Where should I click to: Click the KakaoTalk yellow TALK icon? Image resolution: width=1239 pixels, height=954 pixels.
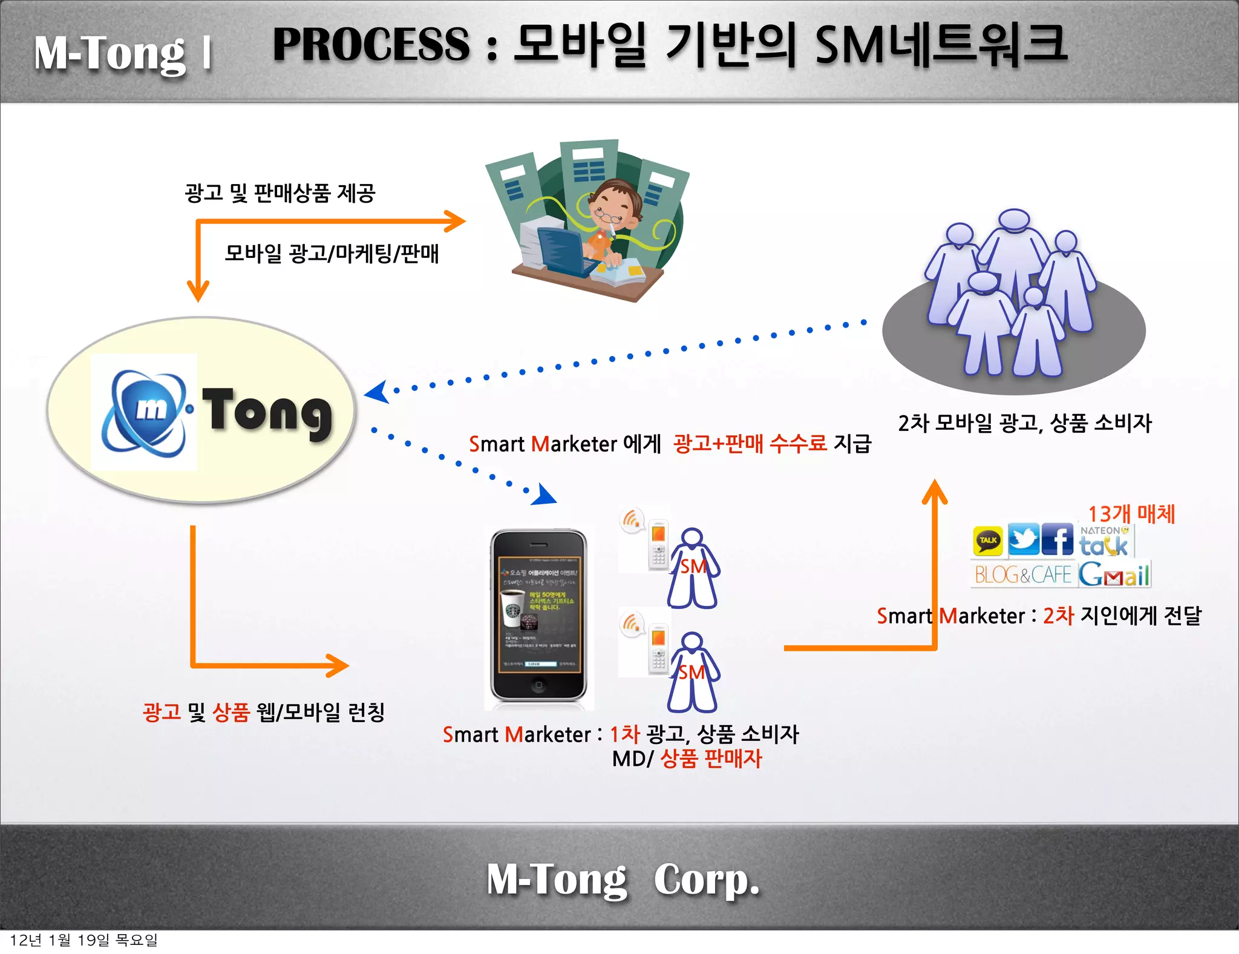pos(987,541)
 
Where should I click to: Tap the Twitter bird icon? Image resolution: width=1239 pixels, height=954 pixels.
pos(1023,539)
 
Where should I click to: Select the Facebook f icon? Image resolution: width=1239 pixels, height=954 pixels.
pos(1057,539)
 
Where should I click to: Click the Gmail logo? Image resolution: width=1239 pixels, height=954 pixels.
pos(1114,574)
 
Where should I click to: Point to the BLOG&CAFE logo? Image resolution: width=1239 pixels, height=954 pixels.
pos(1023,574)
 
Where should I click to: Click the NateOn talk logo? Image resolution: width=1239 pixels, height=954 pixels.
pos(1104,541)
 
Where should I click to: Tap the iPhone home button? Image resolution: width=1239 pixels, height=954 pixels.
pos(538,685)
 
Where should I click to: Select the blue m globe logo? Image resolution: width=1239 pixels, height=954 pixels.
pos(145,412)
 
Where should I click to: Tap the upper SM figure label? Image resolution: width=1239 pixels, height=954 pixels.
pos(693,567)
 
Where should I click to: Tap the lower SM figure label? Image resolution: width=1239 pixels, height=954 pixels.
pos(691,672)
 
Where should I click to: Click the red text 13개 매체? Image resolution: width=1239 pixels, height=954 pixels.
pos(1131,514)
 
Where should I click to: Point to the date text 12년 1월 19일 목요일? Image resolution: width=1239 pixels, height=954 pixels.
pos(84,940)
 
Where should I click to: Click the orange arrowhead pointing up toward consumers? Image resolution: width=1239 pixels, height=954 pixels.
pos(935,492)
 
